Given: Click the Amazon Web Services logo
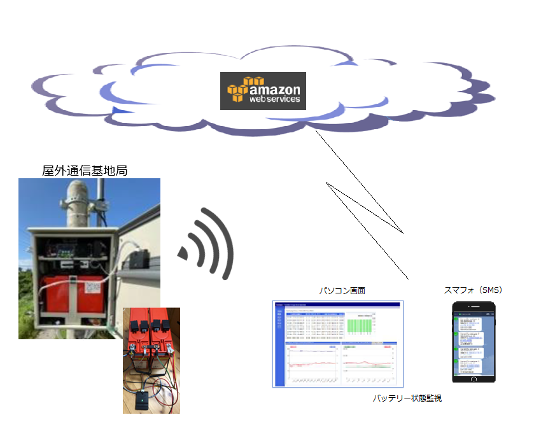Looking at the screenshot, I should point(263,90).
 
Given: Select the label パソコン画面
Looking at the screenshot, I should point(342,290).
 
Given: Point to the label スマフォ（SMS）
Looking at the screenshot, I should point(473,290).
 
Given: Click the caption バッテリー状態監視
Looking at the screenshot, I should point(407,398).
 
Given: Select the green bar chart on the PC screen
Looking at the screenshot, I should point(361,325).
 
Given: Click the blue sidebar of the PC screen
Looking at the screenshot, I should point(279,347).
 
